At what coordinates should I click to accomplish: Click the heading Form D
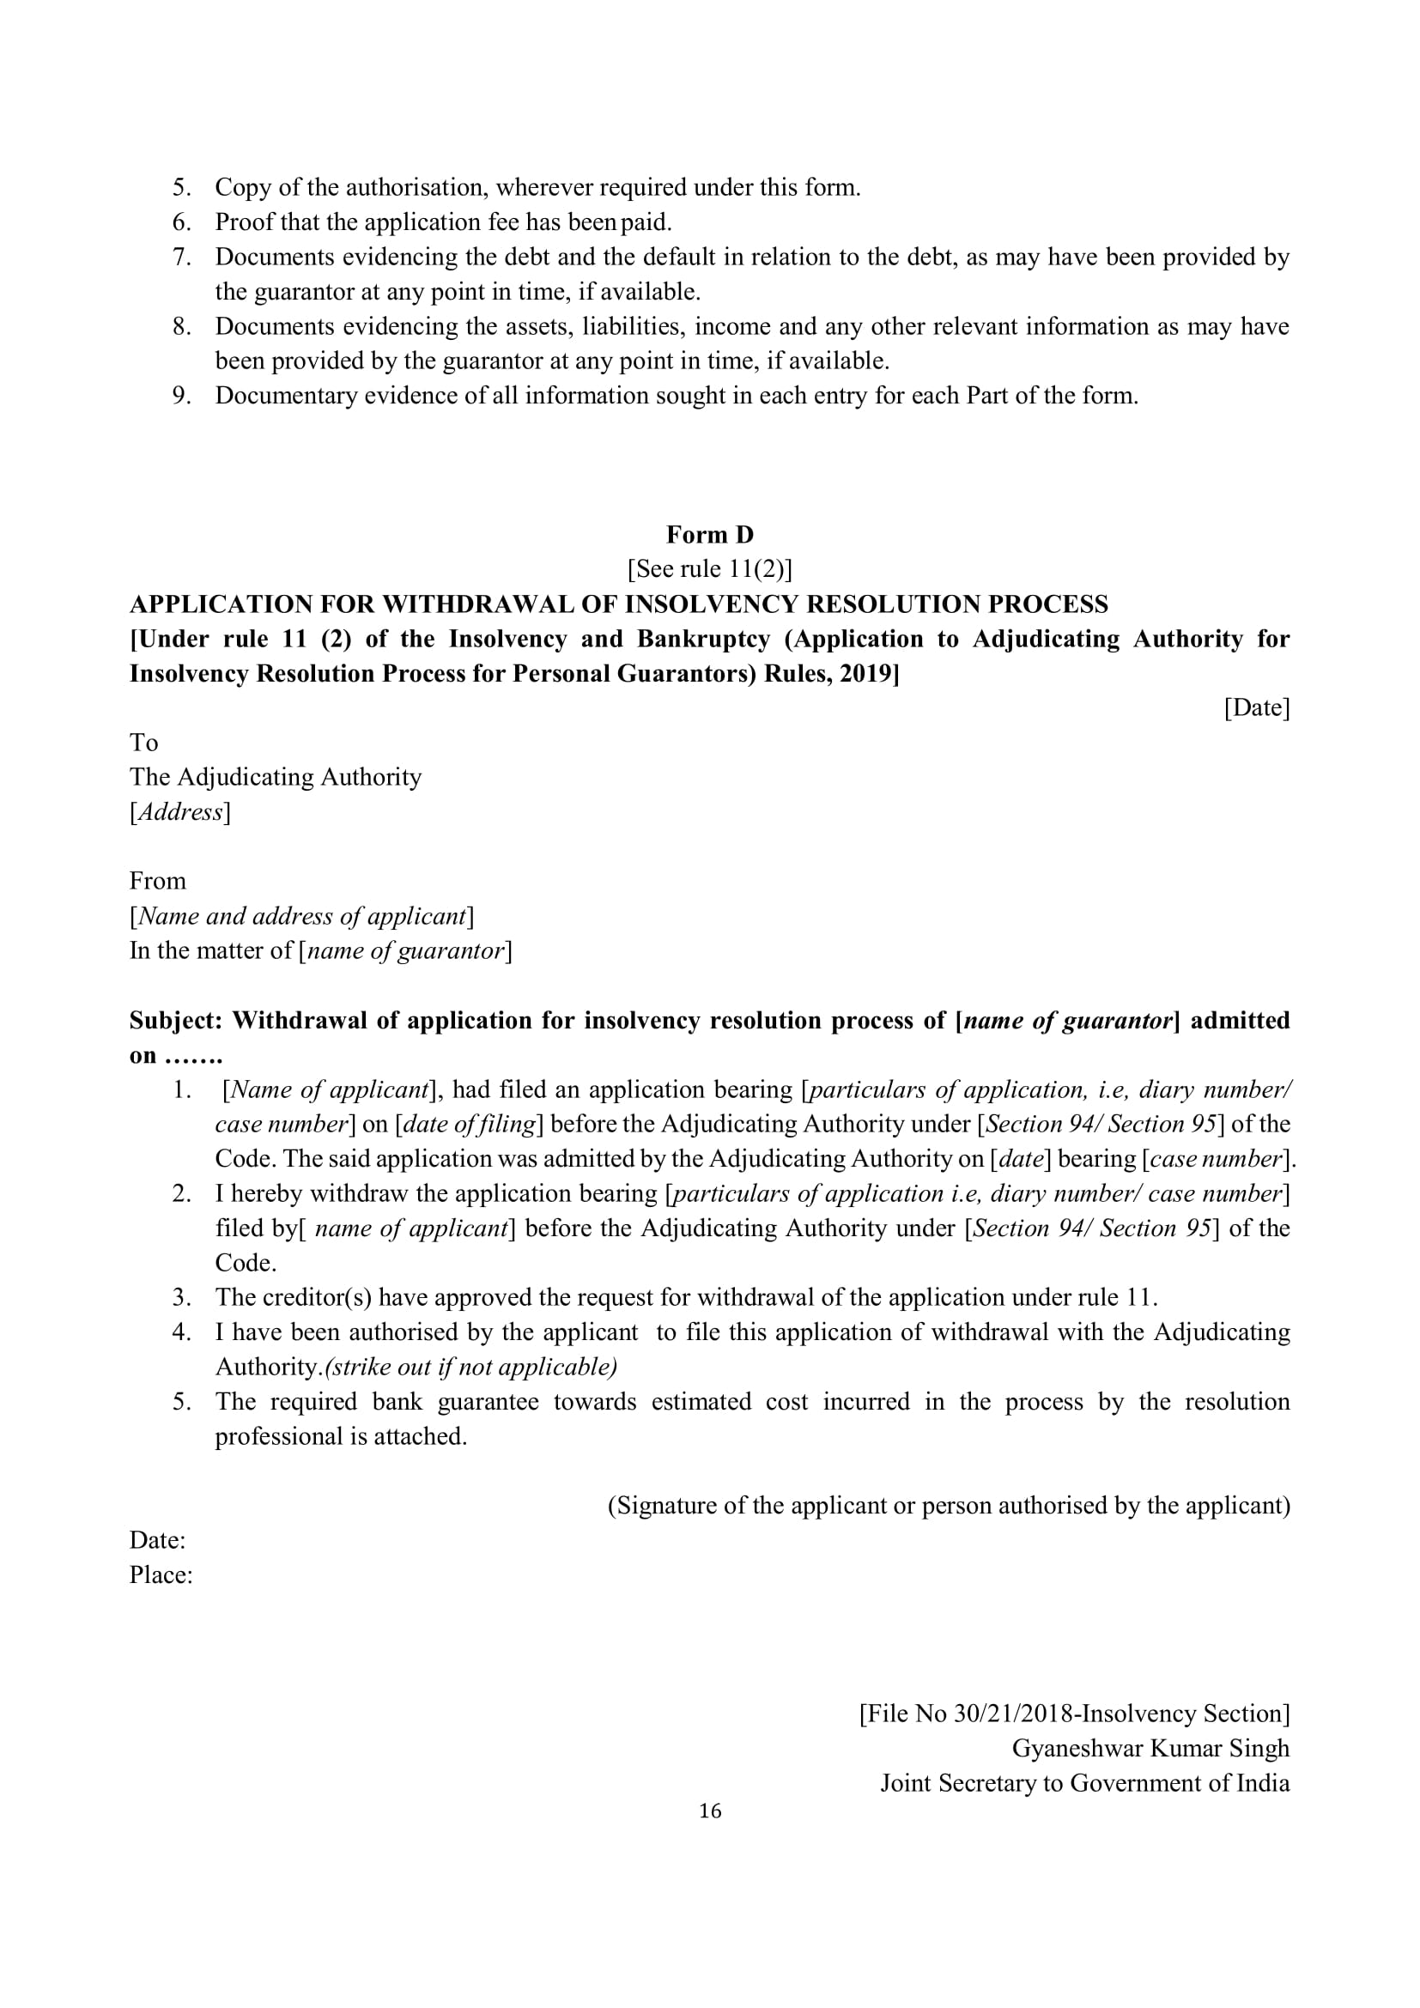click(709, 534)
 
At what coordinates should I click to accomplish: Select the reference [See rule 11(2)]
click(709, 569)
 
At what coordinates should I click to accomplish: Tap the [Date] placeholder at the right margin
click(1257, 707)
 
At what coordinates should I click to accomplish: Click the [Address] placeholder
click(180, 811)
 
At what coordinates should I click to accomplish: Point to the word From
click(157, 881)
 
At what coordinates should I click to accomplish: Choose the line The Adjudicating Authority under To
click(276, 777)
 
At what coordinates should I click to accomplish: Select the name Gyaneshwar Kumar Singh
click(1150, 1748)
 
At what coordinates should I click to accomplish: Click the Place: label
click(161, 1575)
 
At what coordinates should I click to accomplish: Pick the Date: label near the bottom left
click(157, 1540)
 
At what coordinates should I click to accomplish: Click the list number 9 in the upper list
click(181, 396)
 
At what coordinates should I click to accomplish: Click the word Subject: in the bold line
click(177, 1021)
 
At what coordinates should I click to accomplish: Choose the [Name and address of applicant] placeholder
click(301, 916)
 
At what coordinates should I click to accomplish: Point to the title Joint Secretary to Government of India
click(1084, 1783)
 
